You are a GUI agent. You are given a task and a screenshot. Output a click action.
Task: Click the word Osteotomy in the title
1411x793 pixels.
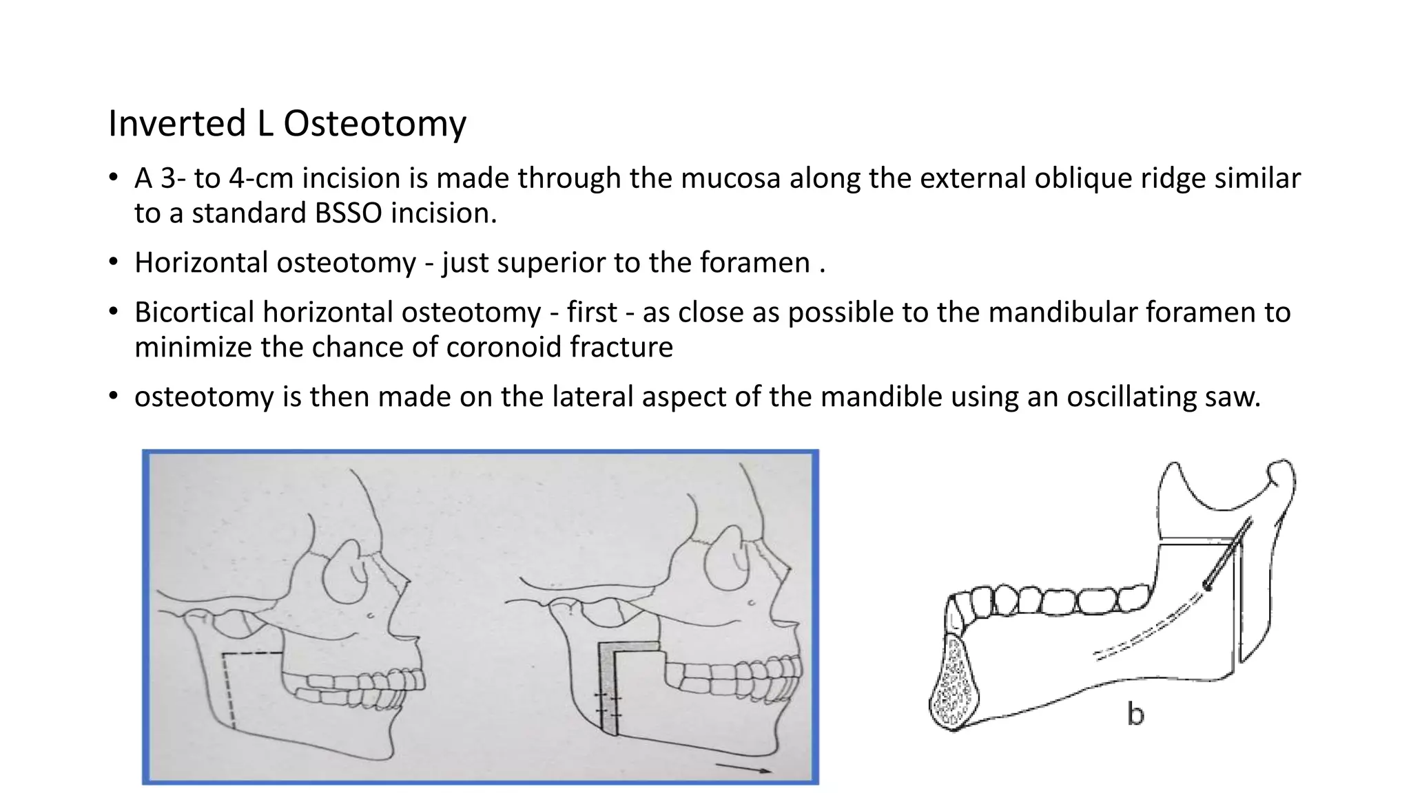(375, 124)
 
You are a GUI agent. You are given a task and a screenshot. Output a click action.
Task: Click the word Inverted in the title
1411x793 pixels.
(178, 124)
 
